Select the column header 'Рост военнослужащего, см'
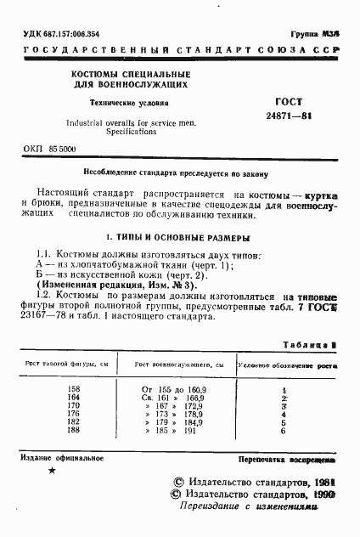pos(178,365)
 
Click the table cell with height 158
pos(73,389)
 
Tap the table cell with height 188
pos(73,432)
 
